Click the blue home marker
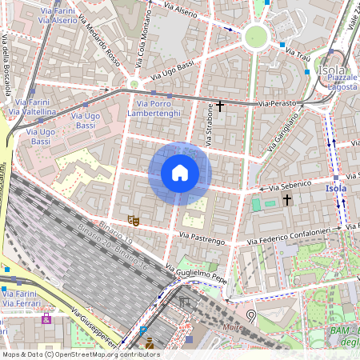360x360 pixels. click(x=180, y=173)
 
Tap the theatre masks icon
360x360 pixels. click(x=134, y=219)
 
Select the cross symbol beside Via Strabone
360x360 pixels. click(x=220, y=106)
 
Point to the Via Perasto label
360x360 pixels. click(x=276, y=104)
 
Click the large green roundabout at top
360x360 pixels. click(x=255, y=35)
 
